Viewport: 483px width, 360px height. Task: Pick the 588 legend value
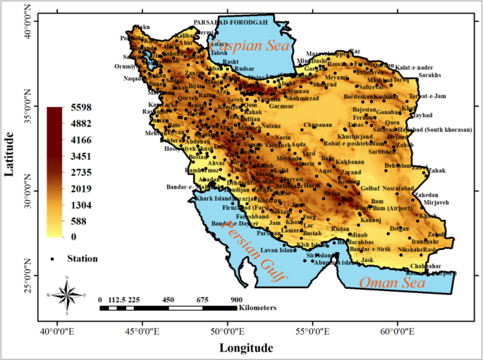point(79,221)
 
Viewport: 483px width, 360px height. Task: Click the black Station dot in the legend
point(53,259)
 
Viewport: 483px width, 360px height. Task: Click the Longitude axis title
point(246,347)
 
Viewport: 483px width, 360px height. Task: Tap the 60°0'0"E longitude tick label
point(398,330)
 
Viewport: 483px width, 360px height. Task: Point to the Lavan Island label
point(277,250)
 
